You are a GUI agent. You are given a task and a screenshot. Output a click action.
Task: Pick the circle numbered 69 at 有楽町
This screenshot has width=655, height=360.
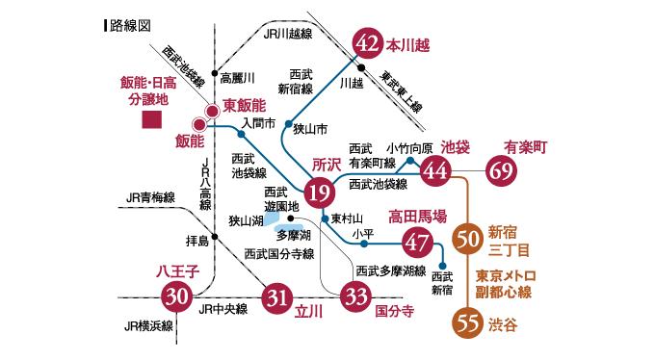coord(504,171)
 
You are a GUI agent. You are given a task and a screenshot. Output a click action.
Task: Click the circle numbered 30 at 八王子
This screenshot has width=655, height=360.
coord(177,296)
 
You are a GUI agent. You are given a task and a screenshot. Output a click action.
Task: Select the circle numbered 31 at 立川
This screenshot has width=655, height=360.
coord(277,296)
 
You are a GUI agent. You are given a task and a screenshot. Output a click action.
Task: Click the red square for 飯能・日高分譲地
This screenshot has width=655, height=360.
coord(150,120)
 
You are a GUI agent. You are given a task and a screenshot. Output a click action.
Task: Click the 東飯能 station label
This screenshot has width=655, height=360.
coord(245,104)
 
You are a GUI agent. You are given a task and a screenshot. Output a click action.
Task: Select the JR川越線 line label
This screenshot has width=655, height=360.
coord(289,32)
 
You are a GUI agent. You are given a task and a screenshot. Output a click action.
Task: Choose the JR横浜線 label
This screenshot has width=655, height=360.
coord(147,325)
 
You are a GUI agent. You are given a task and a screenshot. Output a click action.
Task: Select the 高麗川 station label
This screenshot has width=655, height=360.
coord(237,77)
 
